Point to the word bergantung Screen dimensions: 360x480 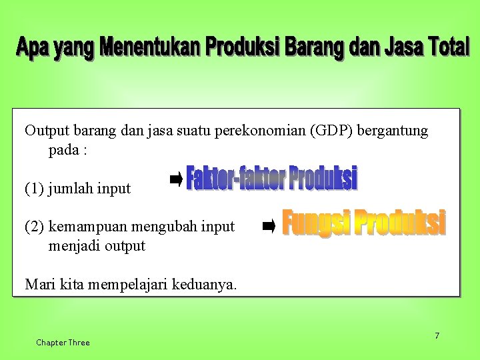(393, 131)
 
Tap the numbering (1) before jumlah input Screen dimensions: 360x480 (35, 189)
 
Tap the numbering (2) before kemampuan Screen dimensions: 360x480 (35, 227)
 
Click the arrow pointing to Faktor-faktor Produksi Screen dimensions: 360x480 (176, 178)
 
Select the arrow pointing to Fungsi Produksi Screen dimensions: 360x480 (269, 227)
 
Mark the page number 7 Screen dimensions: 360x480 (437, 335)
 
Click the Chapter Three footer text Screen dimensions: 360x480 (63, 343)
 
